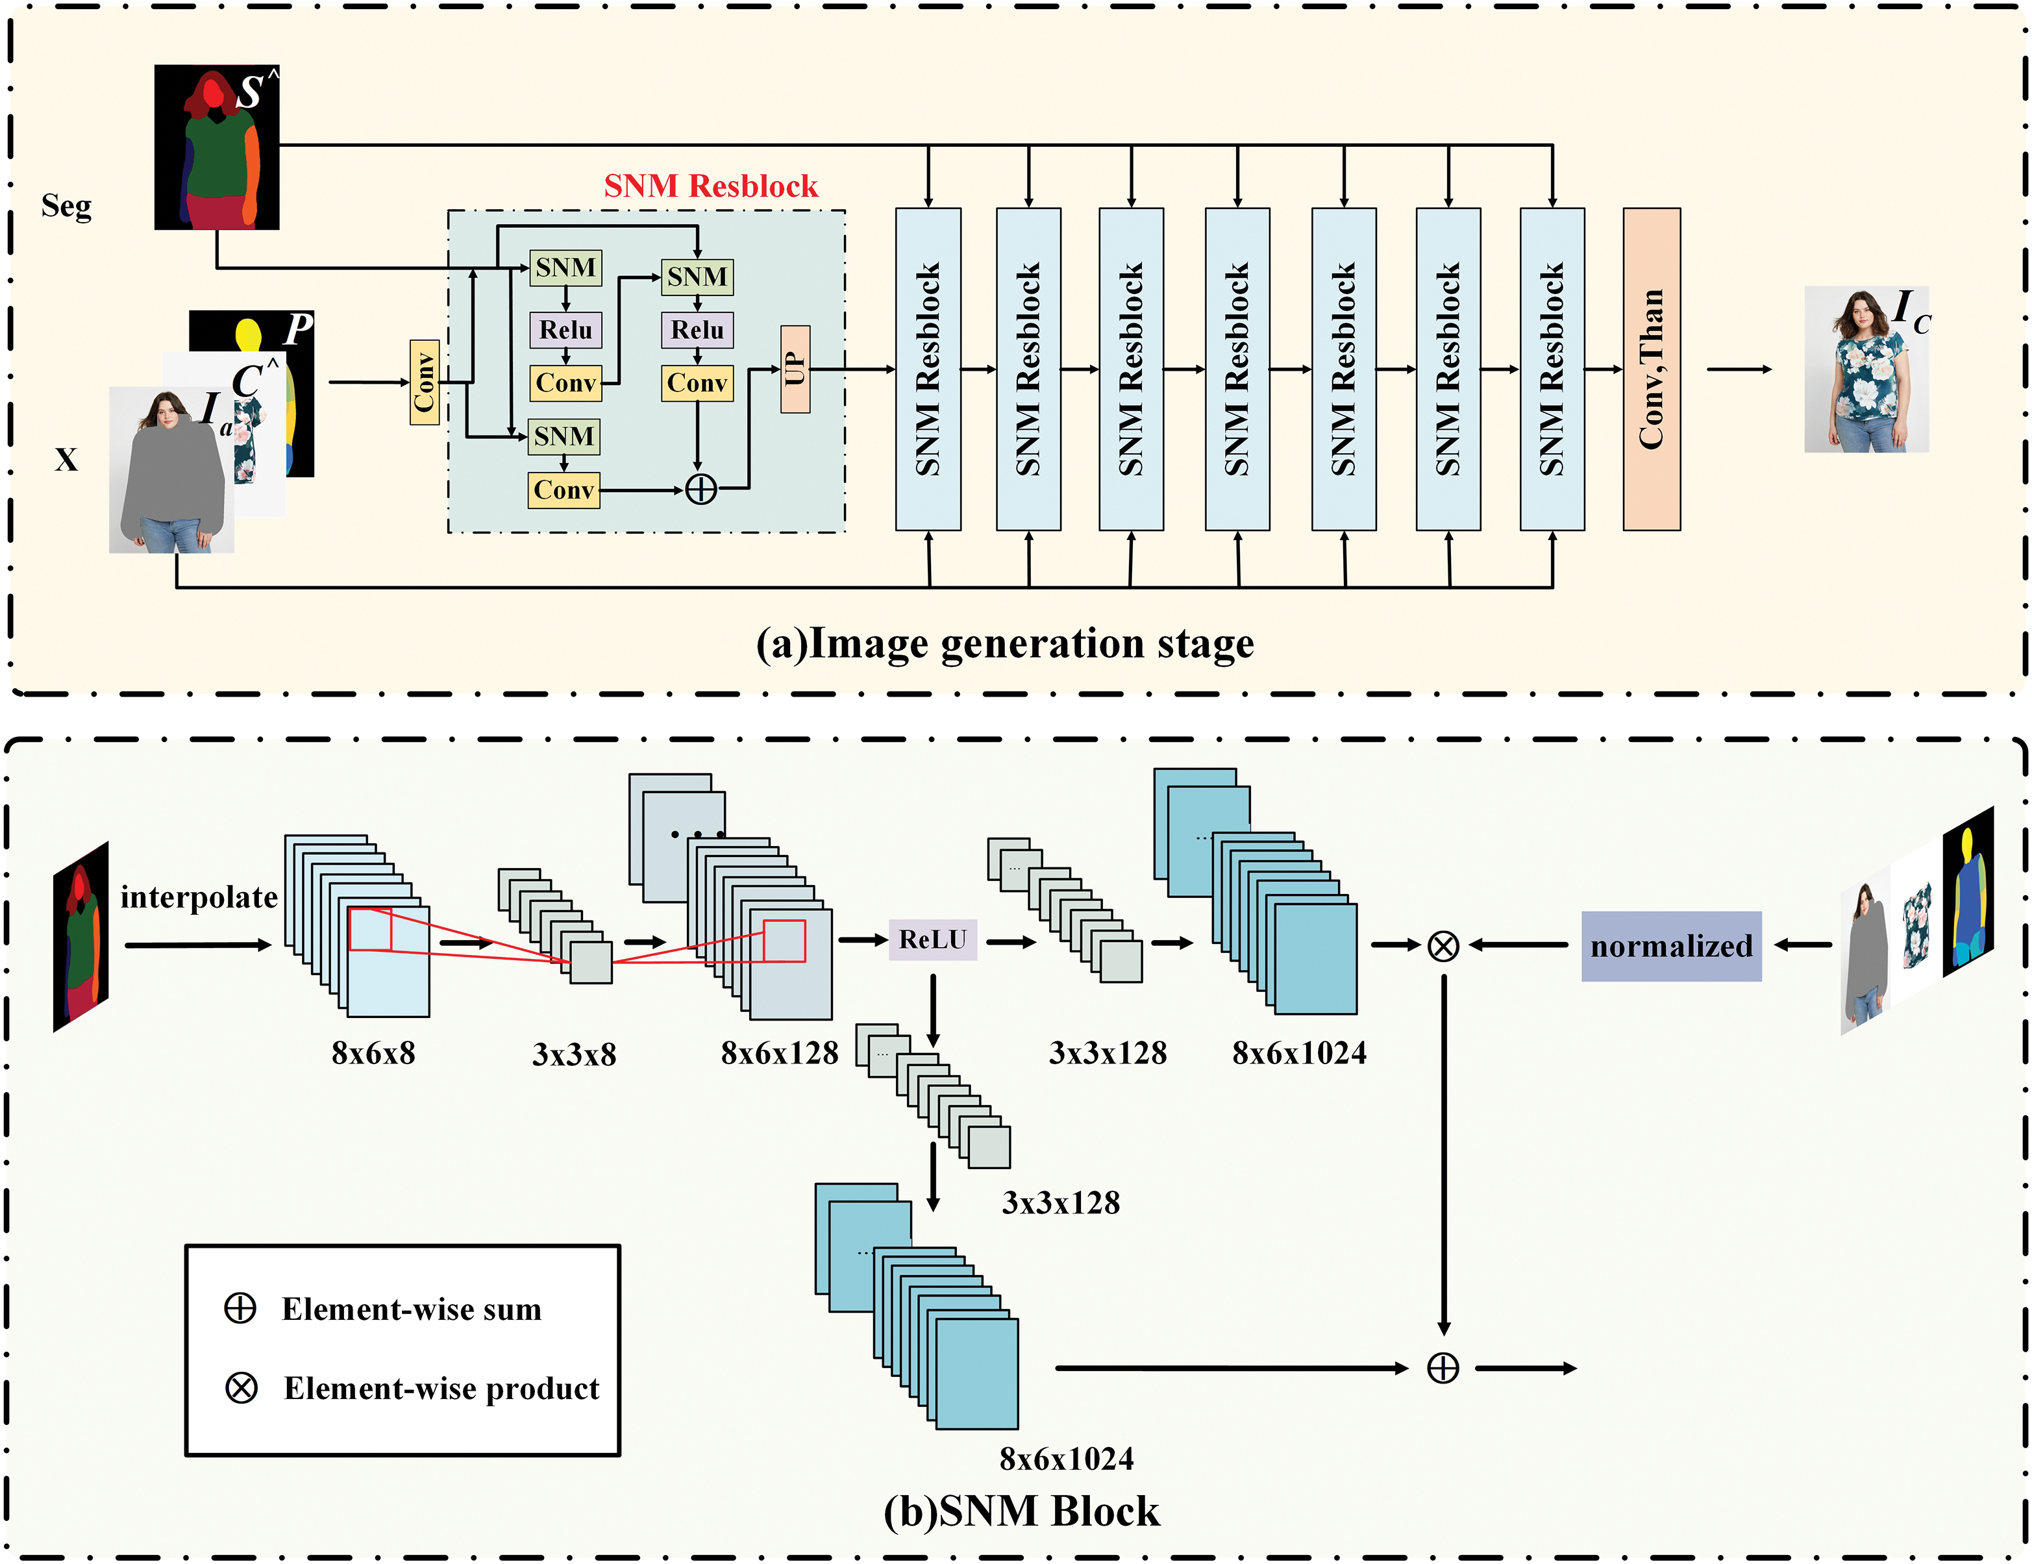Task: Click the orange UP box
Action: pyautogui.click(x=795, y=369)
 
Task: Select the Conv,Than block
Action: pyautogui.click(x=1652, y=369)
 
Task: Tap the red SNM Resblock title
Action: pyautogui.click(x=711, y=186)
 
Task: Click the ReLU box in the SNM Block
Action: pyautogui.click(x=933, y=939)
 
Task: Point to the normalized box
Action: pyautogui.click(x=1671, y=946)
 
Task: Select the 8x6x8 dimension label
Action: pyautogui.click(x=373, y=1053)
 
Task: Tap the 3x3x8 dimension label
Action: pyautogui.click(x=574, y=1055)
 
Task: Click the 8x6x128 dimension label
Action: pyautogui.click(x=780, y=1053)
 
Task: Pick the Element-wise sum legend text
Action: pyautogui.click(x=411, y=1309)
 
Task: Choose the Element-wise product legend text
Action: pyautogui.click(x=442, y=1388)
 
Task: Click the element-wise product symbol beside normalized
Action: pyautogui.click(x=1443, y=946)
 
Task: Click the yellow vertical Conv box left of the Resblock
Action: pyautogui.click(x=425, y=382)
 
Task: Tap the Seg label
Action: pyautogui.click(x=66, y=206)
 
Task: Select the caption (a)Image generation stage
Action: pyautogui.click(x=1005, y=644)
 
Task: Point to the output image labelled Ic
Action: pyautogui.click(x=1866, y=369)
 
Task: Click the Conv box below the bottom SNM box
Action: pyautogui.click(x=564, y=490)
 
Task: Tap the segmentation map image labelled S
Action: pyautogui.click(x=217, y=147)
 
